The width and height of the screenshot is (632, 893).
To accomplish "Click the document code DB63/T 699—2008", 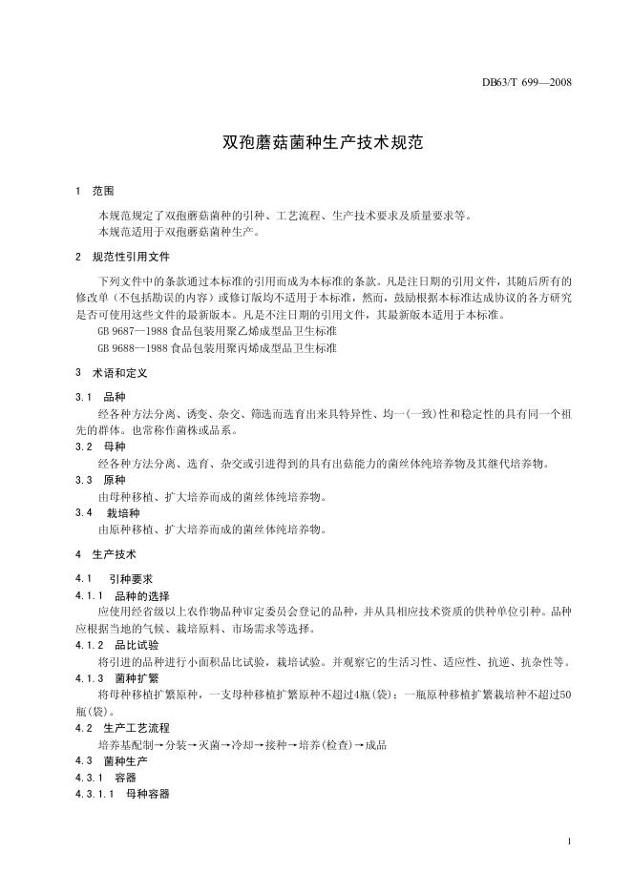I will [526, 83].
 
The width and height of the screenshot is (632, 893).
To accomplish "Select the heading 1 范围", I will [95, 191].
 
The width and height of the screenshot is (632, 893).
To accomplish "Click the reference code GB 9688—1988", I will [127, 348].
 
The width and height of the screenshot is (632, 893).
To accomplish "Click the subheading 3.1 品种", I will [100, 396].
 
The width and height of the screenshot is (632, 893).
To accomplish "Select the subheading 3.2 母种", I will [100, 446].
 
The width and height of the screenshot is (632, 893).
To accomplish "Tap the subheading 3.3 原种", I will [100, 480].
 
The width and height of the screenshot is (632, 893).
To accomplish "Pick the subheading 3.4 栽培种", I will [105, 512].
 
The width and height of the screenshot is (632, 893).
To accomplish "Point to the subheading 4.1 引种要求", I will [109, 578].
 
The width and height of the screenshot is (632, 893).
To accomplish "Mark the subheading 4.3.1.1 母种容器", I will [122, 793].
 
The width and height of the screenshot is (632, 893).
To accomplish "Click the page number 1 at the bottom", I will [568, 841].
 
